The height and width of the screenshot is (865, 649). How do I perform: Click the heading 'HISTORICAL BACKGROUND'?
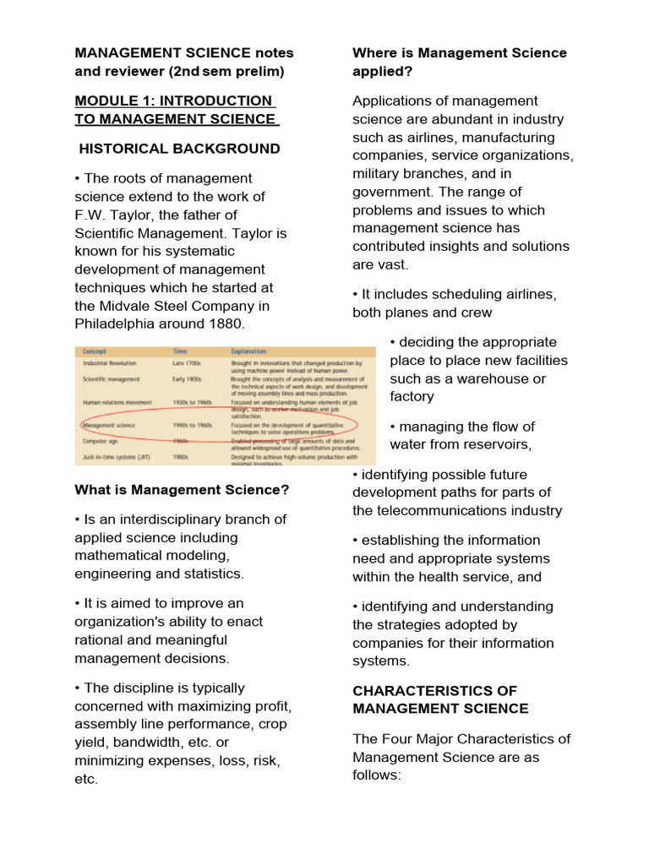[179, 149]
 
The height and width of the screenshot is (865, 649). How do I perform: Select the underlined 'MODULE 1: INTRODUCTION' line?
[173, 101]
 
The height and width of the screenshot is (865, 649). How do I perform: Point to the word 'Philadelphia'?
[115, 324]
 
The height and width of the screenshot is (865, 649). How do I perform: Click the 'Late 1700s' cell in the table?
[190, 363]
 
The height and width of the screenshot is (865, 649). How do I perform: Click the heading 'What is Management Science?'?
[182, 490]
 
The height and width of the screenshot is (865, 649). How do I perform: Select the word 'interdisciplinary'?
[159, 520]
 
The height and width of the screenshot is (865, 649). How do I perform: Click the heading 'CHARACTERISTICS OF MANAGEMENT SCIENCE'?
[440, 699]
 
